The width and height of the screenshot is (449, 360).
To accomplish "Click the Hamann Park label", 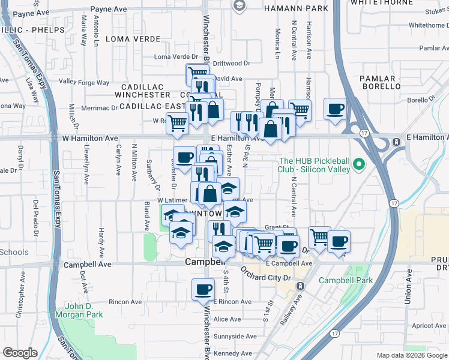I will click(x=299, y=8).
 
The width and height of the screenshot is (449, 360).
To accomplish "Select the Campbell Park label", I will click(x=345, y=280).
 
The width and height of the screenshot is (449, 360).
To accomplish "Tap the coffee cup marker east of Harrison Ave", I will click(x=335, y=109).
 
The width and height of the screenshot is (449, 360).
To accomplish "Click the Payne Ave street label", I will click(x=108, y=10).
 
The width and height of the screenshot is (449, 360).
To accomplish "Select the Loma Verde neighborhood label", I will click(x=133, y=39).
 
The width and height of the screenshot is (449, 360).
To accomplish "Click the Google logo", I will click(x=20, y=353).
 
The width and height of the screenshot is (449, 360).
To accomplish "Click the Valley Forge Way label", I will click(x=84, y=82).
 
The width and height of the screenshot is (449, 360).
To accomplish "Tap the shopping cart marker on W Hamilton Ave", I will click(x=178, y=123).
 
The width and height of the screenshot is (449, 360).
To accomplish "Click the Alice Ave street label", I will click(x=227, y=319).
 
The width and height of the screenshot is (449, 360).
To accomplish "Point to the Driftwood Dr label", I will click(x=232, y=63).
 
